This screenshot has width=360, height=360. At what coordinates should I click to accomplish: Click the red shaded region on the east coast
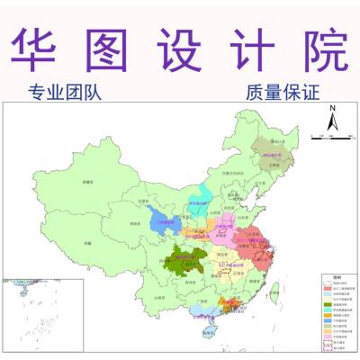click(x=262, y=243)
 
